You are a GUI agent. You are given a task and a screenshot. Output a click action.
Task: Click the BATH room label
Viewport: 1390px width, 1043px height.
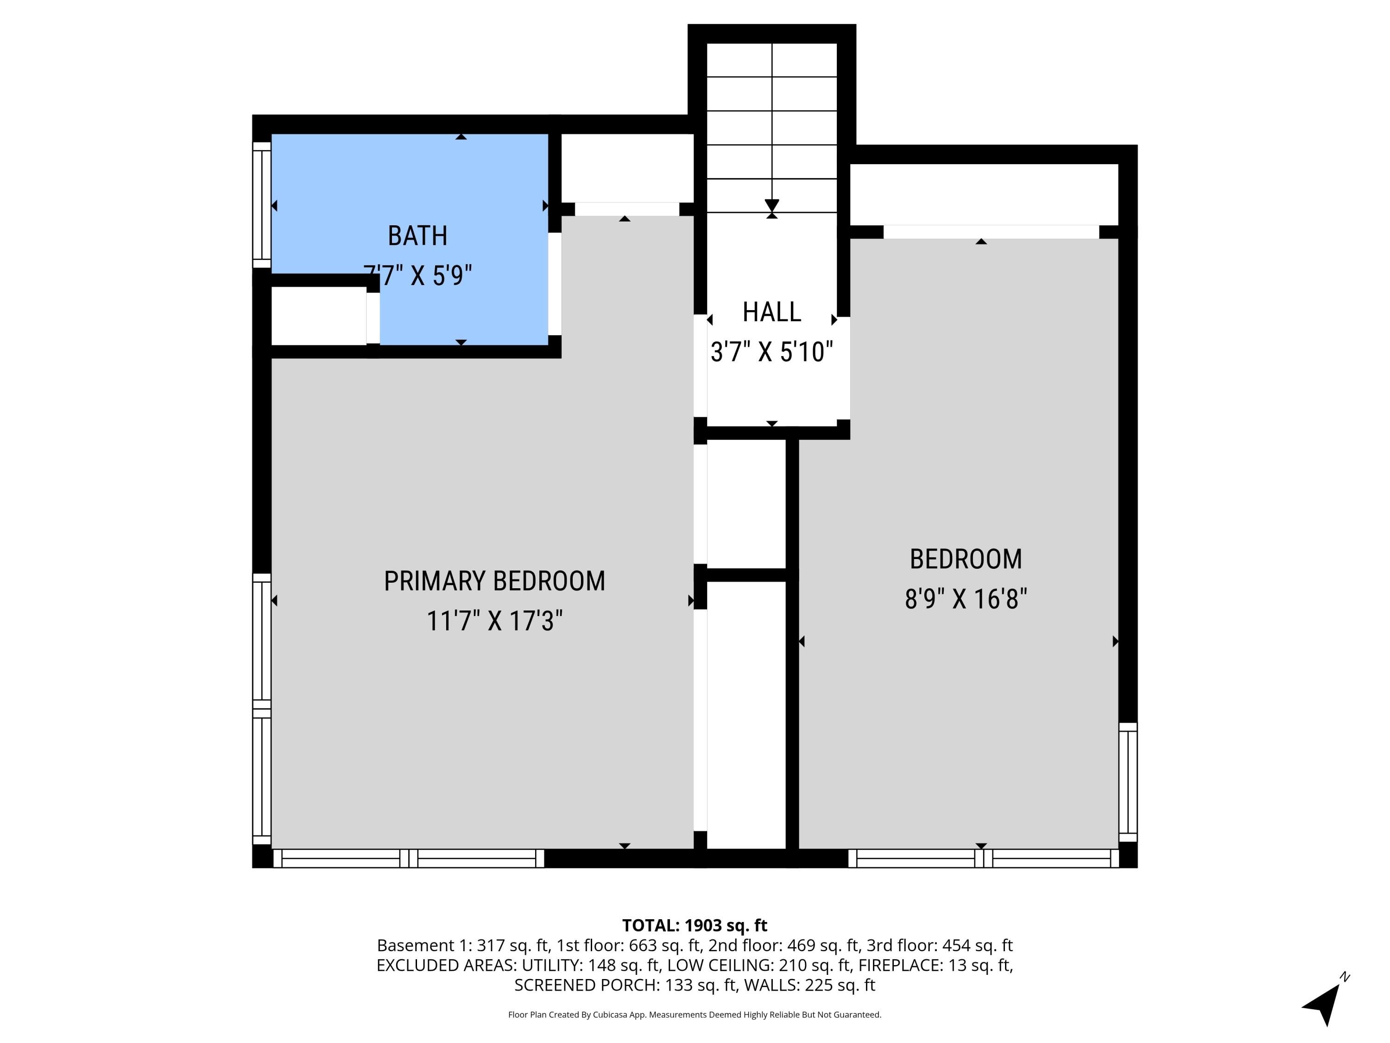(x=417, y=236)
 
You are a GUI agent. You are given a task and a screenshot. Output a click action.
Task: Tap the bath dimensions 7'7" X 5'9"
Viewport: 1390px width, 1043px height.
(x=417, y=275)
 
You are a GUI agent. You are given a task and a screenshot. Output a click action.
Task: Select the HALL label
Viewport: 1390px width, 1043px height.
(x=771, y=312)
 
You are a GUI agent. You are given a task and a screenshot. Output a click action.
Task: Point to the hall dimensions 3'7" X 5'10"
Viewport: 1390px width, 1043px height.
(x=771, y=352)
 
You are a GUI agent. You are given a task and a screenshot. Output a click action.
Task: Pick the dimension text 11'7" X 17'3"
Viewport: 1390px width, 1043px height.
(x=494, y=621)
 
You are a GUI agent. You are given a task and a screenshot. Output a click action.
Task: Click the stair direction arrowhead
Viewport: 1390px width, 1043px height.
(x=771, y=205)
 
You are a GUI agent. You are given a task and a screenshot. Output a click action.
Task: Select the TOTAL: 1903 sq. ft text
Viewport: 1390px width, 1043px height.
(x=695, y=925)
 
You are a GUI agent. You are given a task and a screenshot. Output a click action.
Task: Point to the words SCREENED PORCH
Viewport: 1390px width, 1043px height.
(x=584, y=985)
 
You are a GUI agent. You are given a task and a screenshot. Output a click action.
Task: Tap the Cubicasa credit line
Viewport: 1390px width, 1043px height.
(x=695, y=1015)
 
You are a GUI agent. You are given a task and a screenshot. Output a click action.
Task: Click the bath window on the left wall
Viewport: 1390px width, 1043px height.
(x=261, y=205)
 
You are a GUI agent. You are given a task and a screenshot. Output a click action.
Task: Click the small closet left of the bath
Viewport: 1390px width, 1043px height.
(x=319, y=316)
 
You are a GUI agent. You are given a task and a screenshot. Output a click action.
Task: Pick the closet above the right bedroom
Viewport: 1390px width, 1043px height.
(x=984, y=194)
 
